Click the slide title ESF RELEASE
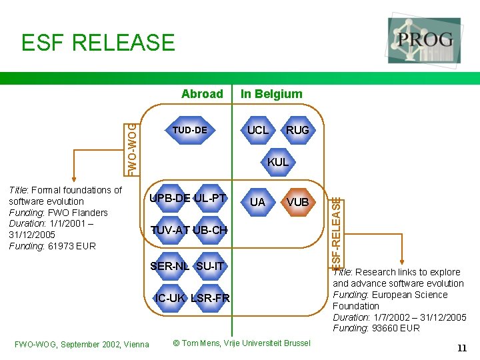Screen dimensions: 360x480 (x=98, y=43)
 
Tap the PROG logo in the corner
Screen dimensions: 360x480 (x=424, y=40)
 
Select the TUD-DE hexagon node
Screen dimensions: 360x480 (x=190, y=130)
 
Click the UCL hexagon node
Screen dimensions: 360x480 (x=258, y=130)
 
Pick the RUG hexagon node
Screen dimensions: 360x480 (x=297, y=130)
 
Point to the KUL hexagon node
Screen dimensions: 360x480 (x=278, y=162)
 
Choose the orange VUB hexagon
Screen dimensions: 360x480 (x=297, y=201)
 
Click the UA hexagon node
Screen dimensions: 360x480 (x=257, y=201)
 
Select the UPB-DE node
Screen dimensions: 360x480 (x=171, y=198)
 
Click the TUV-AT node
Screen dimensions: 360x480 (x=171, y=230)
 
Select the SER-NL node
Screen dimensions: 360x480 (x=170, y=266)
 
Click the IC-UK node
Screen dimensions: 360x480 (x=170, y=298)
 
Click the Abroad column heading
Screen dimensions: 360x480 (x=202, y=94)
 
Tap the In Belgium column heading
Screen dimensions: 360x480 (x=271, y=94)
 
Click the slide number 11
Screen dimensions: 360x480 (x=461, y=348)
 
